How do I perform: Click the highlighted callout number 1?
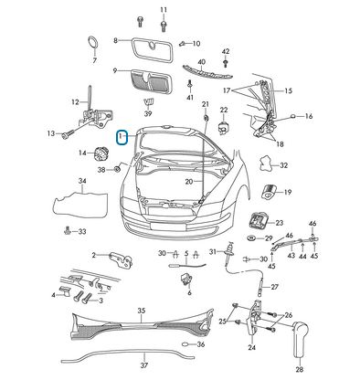[x=122, y=137]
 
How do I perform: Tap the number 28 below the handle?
[x=300, y=369]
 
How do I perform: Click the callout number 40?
[x=202, y=62]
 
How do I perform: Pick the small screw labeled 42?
[x=226, y=63]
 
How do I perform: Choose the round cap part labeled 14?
[x=99, y=153]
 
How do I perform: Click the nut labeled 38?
[x=116, y=169]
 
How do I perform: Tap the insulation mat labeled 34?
[x=80, y=204]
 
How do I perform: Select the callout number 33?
[x=82, y=232]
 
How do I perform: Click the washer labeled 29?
[x=252, y=238]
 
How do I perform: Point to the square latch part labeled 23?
[x=258, y=221]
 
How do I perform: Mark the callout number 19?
[x=288, y=192]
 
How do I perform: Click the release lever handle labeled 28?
[x=301, y=339]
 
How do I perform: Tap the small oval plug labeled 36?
[x=185, y=344]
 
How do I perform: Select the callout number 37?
[x=144, y=365]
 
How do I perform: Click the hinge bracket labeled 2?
[x=122, y=259]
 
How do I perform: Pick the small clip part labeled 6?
[x=185, y=279]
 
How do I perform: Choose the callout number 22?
[x=224, y=110]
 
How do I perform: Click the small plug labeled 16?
[x=292, y=116]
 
